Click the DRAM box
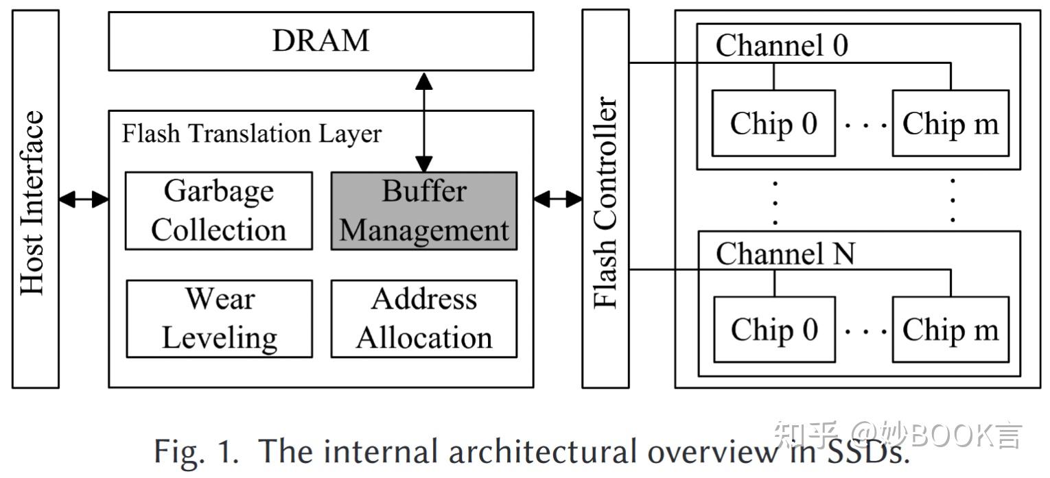(320, 41)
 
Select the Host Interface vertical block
(35, 199)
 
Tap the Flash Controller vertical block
(605, 199)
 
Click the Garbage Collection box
(218, 211)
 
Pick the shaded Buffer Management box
(423, 211)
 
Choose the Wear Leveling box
(218, 318)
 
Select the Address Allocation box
(423, 318)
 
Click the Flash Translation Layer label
(251, 133)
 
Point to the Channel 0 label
(782, 46)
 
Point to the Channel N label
(785, 254)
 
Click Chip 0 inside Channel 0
(773, 123)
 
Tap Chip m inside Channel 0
(950, 123)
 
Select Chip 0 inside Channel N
(774, 329)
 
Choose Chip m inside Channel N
(950, 329)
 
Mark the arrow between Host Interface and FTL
(84, 200)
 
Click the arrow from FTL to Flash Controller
(557, 200)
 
